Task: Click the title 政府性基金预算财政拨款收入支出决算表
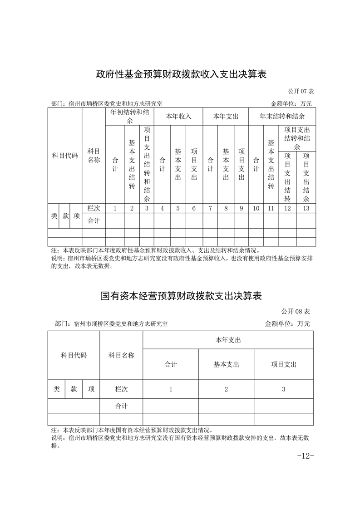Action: click(180, 74)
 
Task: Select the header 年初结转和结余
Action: click(130, 116)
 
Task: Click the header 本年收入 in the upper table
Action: click(178, 117)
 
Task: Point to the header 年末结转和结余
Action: click(282, 117)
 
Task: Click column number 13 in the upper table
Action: click(306, 208)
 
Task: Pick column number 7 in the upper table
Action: click(210, 208)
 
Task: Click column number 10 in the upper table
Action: click(256, 208)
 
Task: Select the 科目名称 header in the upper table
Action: click(94, 156)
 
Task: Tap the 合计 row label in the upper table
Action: click(94, 221)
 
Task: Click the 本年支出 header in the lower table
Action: click(228, 340)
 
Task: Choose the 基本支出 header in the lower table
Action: click(226, 364)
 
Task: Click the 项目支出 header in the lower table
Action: click(284, 364)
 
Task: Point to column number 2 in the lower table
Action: click(226, 389)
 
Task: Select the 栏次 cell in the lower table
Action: click(121, 389)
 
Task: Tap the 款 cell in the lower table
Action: click(74, 389)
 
